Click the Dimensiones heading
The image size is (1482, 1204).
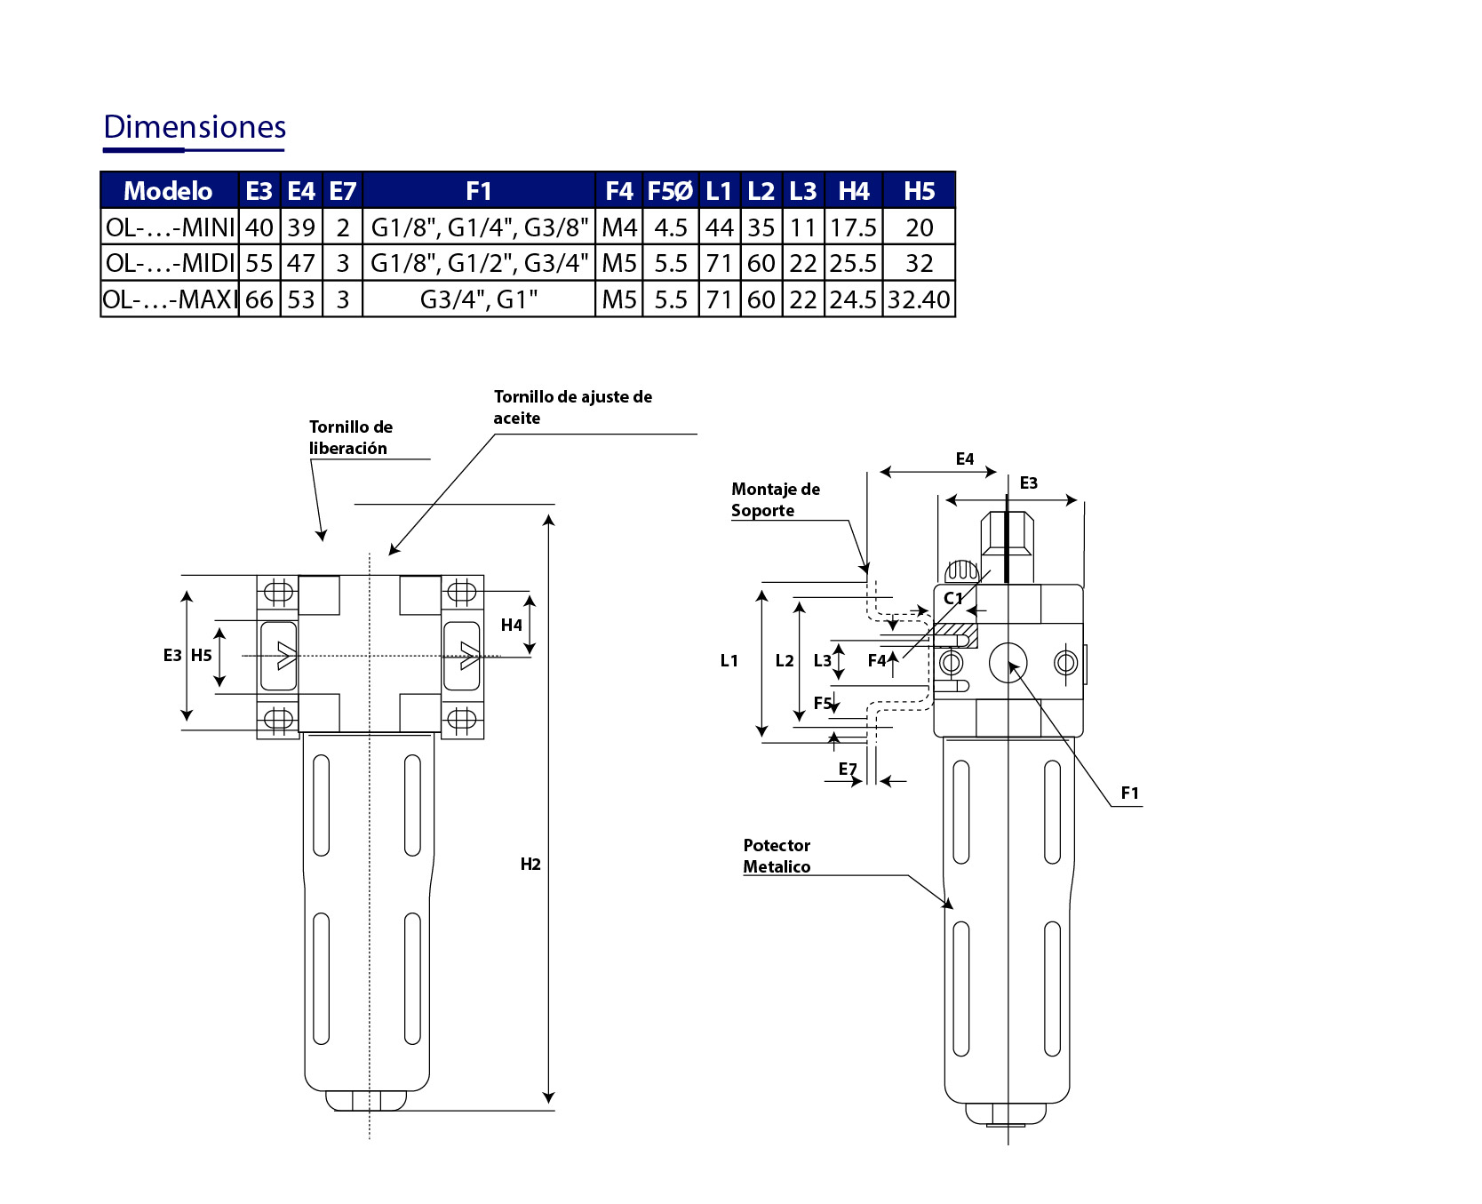click(x=195, y=127)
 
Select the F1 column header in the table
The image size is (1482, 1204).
click(x=479, y=191)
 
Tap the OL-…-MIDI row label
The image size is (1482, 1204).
click(x=170, y=263)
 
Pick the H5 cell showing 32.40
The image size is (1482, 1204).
click(x=919, y=299)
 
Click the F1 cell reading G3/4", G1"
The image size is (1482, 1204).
click(x=479, y=299)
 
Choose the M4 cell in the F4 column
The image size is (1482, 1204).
click(x=619, y=227)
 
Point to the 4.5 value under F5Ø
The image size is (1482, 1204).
click(x=671, y=227)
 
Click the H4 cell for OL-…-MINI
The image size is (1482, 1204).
click(x=854, y=227)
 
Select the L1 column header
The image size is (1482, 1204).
click(x=719, y=191)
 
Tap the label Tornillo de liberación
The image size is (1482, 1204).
click(x=351, y=437)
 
